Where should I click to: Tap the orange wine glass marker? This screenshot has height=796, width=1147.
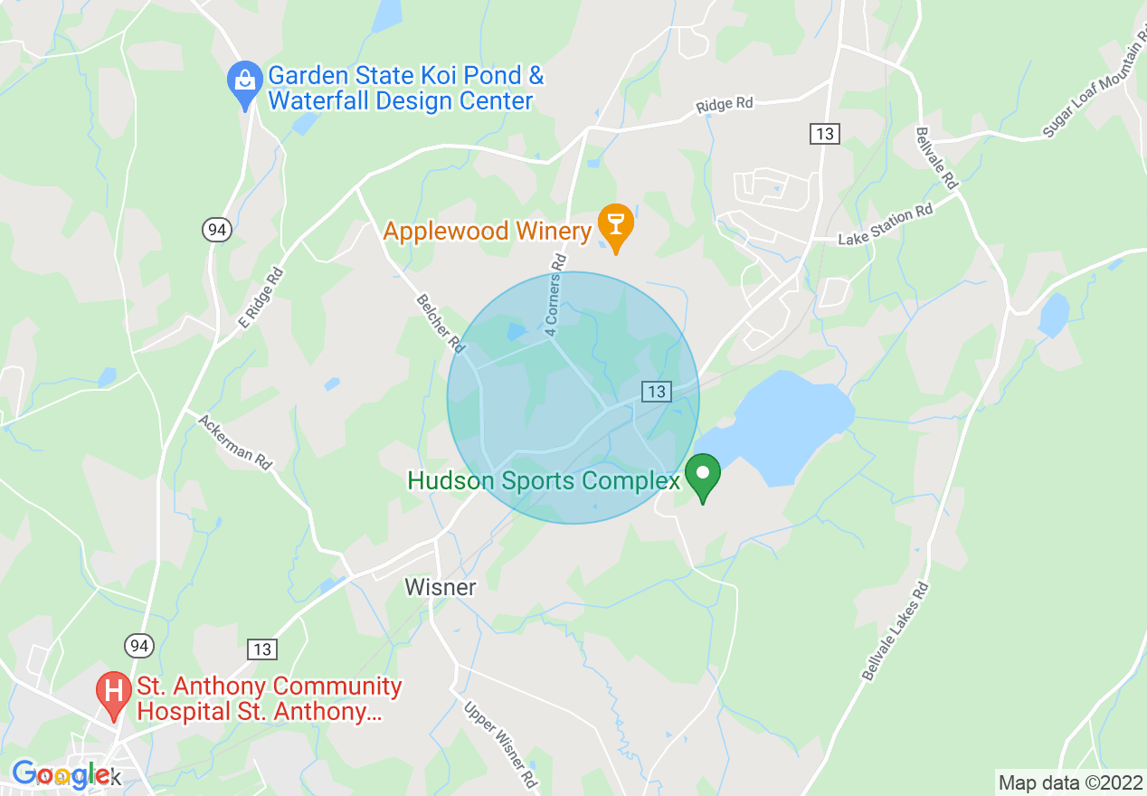coord(616,223)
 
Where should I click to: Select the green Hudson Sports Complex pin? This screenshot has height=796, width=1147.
coord(702,475)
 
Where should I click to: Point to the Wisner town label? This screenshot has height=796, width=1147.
coord(440,587)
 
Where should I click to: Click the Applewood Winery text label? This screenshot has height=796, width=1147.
coord(487,232)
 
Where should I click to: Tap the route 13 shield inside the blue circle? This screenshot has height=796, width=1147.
coord(657,391)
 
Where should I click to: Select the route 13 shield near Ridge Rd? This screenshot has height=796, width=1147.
coord(824,134)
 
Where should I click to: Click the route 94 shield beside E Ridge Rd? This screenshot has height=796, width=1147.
coord(216,230)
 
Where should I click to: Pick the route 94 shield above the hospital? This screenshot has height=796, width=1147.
coord(138,645)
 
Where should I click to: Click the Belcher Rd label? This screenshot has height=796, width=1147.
coord(441,323)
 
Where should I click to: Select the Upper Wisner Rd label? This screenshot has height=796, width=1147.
coord(501,744)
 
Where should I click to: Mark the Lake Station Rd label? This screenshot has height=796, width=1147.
coord(885,226)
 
